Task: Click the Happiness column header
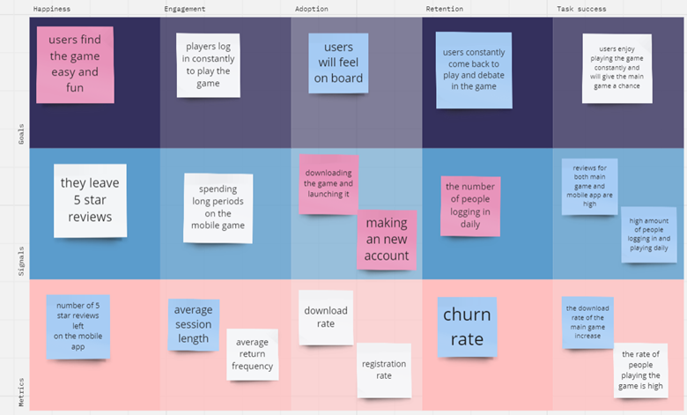click(x=52, y=9)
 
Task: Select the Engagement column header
click(x=184, y=9)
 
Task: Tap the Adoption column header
click(x=312, y=9)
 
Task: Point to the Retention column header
click(x=444, y=9)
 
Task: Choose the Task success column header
click(x=581, y=9)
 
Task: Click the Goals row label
click(x=21, y=134)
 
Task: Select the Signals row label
click(x=21, y=261)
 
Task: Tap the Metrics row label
click(x=21, y=392)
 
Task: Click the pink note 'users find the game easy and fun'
click(x=75, y=65)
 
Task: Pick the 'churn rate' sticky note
click(x=467, y=327)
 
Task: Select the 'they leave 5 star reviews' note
click(x=90, y=201)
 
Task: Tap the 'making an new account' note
click(x=387, y=240)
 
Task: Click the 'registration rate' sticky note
click(x=384, y=370)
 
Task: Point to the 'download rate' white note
click(x=326, y=317)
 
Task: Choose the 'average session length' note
click(x=193, y=325)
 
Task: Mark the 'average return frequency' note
click(x=253, y=354)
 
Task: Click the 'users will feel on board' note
click(x=338, y=63)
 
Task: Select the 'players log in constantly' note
click(x=208, y=65)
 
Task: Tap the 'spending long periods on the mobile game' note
click(x=218, y=208)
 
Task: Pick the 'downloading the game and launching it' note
click(x=329, y=184)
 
